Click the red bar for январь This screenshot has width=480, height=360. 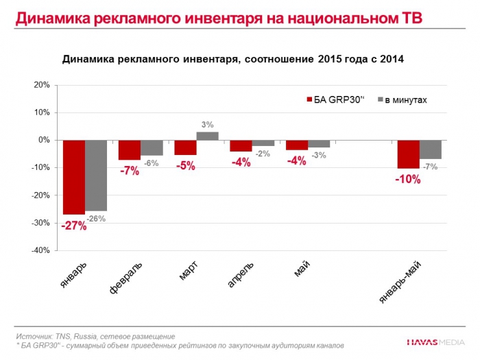[x=74, y=177]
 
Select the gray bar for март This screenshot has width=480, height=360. [x=207, y=136]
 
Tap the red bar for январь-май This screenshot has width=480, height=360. [x=409, y=154]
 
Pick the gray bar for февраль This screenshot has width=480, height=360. [x=152, y=147]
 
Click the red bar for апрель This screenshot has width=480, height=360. [x=241, y=145]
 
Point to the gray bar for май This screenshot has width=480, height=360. [x=319, y=143]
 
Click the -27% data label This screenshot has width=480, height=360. [x=74, y=226]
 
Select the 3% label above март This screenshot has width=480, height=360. [x=208, y=125]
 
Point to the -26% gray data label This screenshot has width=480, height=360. [x=97, y=219]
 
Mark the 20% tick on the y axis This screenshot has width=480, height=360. [x=40, y=85]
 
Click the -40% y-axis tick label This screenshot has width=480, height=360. [x=39, y=250]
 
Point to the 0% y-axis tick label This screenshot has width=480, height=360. [x=43, y=140]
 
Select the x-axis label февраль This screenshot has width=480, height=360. [x=127, y=277]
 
